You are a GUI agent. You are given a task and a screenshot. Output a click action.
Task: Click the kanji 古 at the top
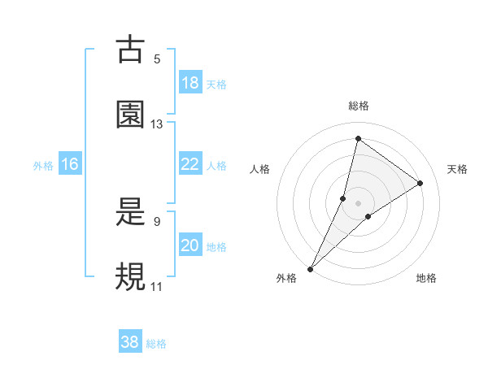coord(130,50)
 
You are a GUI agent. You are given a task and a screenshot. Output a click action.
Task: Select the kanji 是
coord(130,213)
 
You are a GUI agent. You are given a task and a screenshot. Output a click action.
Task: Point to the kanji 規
coord(130,277)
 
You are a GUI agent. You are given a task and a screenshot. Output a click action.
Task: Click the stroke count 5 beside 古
coord(157,59)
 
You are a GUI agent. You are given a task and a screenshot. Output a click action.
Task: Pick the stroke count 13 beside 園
coord(157,124)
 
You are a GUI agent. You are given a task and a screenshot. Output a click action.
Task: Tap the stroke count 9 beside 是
coord(157,221)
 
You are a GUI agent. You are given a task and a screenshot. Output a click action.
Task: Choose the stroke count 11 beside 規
coord(157,287)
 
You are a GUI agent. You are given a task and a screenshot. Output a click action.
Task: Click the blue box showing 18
coord(190,83)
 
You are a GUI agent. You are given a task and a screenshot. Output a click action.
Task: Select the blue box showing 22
coord(190,164)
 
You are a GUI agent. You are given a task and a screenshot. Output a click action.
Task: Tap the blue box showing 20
coord(190,245)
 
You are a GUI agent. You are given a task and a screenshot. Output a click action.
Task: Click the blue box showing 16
coord(70,164)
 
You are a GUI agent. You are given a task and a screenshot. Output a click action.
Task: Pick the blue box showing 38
coord(130,342)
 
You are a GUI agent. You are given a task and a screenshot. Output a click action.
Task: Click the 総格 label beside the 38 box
coord(156,344)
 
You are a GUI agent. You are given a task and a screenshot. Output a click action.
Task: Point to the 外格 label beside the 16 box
coord(43,166)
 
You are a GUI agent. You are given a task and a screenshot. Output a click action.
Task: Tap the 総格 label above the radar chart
coord(359,106)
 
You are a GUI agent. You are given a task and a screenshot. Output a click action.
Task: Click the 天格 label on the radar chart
coord(458,169)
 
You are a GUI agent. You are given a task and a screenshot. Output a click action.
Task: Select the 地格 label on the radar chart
coord(426,278)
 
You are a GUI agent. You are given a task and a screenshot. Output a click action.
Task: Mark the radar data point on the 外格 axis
coord(310,268)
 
